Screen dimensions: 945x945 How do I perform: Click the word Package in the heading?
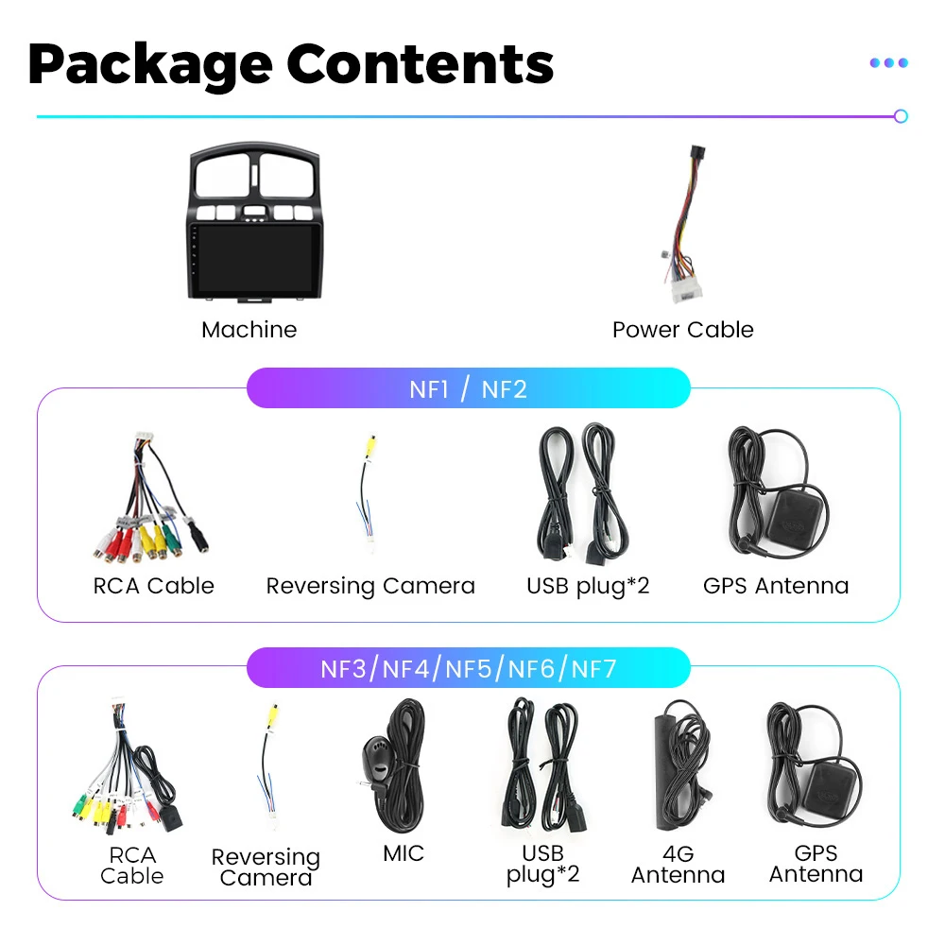pyautogui.click(x=149, y=64)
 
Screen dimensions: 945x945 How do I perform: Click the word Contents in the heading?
pyautogui.click(x=420, y=64)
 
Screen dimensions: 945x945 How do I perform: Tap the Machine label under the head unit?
pyautogui.click(x=249, y=330)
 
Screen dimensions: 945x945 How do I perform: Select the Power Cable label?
pyautogui.click(x=682, y=330)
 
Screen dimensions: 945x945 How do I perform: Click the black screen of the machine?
pyautogui.click(x=249, y=259)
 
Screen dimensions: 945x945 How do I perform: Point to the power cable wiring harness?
pyautogui.click(x=681, y=227)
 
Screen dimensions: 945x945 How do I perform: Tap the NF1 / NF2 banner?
pyautogui.click(x=468, y=388)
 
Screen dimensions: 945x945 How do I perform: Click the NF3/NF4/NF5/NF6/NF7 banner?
pyautogui.click(x=468, y=669)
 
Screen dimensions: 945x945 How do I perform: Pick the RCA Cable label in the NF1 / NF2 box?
pyautogui.click(x=153, y=586)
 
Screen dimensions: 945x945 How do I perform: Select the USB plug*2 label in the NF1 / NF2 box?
pyautogui.click(x=588, y=586)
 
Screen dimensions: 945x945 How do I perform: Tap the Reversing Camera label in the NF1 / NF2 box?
pyautogui.click(x=370, y=586)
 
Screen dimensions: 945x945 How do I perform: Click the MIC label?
pyautogui.click(x=404, y=853)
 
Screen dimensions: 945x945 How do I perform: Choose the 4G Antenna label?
pyautogui.click(x=678, y=865)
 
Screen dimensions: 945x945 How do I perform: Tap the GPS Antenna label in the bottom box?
pyautogui.click(x=816, y=865)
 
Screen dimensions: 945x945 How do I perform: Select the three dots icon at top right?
pyautogui.click(x=888, y=63)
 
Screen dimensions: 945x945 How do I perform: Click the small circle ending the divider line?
pyautogui.click(x=901, y=116)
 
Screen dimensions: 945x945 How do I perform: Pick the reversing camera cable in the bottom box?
pyautogui.click(x=268, y=765)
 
